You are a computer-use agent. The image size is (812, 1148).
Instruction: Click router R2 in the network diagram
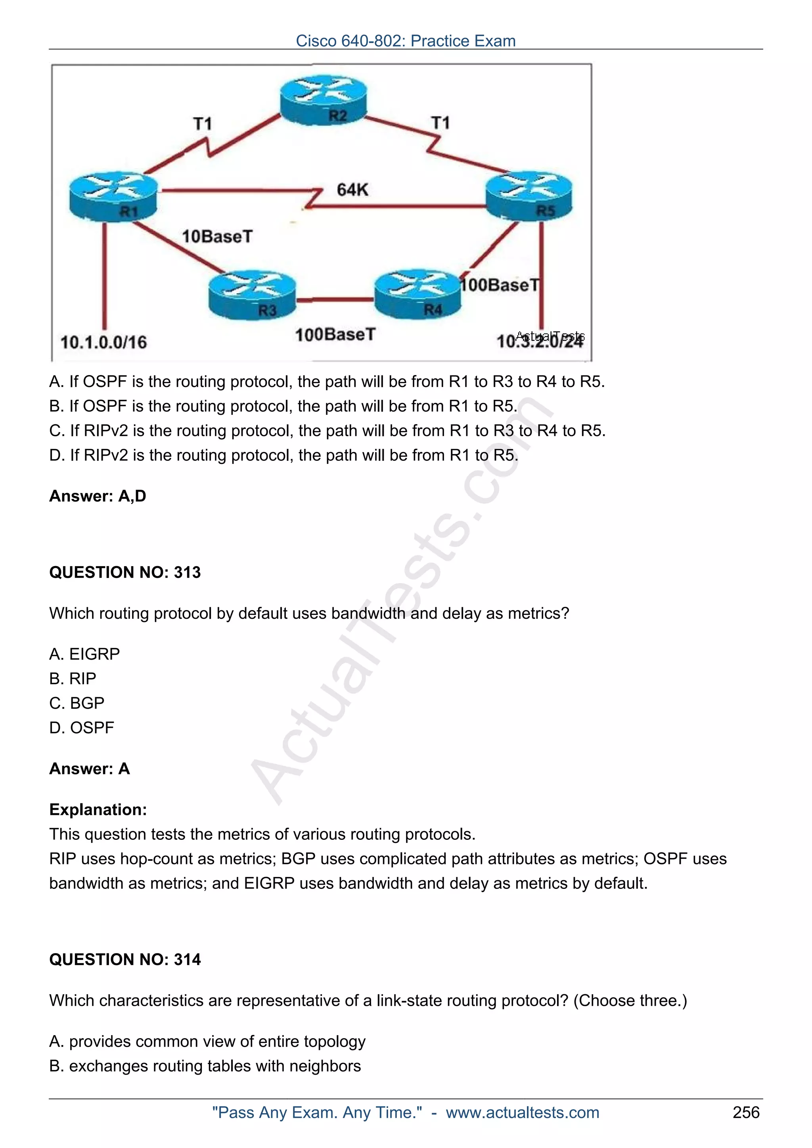323,100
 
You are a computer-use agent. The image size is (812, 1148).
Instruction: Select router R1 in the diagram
113,196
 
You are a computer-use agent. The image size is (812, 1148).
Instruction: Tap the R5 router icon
529,195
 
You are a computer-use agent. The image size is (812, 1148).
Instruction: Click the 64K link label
353,190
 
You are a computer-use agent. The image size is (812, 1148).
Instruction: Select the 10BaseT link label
217,236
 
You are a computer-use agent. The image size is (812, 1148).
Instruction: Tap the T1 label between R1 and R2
203,124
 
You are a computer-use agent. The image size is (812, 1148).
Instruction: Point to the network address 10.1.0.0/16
103,343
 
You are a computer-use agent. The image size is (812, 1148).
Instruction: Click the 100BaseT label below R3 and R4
335,334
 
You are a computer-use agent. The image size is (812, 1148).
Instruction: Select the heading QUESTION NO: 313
125,572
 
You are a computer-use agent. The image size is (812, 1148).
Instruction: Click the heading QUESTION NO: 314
125,959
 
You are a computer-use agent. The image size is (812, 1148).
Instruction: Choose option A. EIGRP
84,654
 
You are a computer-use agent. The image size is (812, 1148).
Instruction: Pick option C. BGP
77,703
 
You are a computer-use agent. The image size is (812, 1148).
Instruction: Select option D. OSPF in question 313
82,727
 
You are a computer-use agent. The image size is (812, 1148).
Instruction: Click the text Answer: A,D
98,496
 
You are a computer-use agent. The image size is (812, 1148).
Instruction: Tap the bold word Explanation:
98,809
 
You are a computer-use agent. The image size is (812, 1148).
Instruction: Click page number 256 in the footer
746,1112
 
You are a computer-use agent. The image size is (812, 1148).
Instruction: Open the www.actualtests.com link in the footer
522,1112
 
